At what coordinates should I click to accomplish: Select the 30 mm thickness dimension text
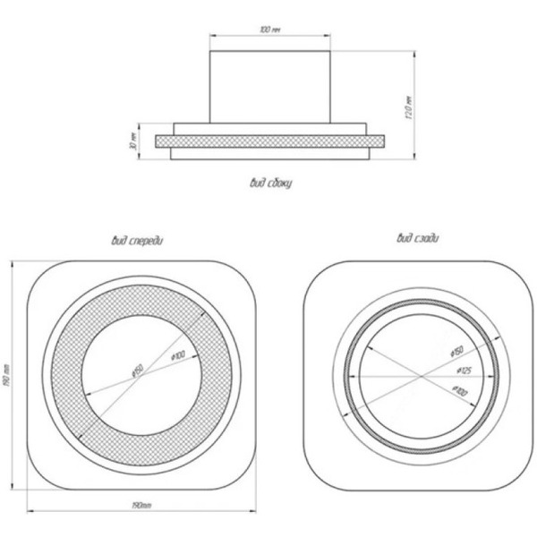132,141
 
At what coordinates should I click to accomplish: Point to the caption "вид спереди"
137,240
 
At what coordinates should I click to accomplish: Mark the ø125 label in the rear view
463,370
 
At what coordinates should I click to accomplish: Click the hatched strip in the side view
269,141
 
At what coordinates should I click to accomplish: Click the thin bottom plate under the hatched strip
269,154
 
